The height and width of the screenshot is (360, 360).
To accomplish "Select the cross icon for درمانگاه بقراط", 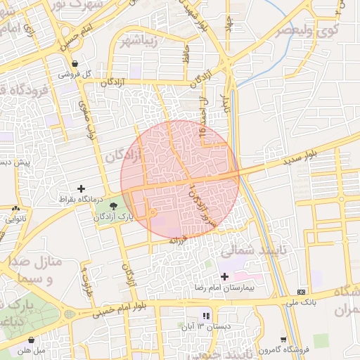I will click(82, 188).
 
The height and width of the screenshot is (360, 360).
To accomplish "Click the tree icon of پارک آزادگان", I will click(114, 205).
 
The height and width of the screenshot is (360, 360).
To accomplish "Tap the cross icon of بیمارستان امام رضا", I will click(224, 277).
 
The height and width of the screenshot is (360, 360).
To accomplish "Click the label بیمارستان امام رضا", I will click(224, 288).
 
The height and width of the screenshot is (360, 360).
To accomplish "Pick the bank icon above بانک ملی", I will click(302, 292).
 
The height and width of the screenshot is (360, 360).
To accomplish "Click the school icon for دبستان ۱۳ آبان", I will click(206, 316).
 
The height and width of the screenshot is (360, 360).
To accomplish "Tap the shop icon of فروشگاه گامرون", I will click(283, 339).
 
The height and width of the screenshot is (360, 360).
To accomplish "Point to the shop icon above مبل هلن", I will click(31, 340).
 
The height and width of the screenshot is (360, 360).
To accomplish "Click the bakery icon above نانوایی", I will click(15, 208).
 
